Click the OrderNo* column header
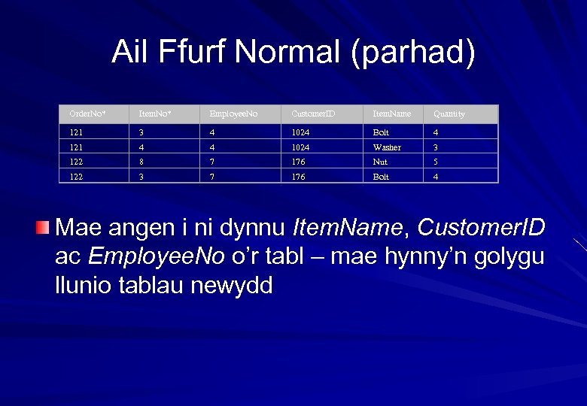point(87,114)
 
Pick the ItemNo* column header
point(154,114)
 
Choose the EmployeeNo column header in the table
point(233,114)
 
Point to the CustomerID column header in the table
point(313,114)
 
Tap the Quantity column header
point(449,114)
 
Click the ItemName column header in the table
point(392,114)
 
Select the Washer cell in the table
point(387,147)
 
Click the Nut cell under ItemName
point(380,162)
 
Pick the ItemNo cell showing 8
point(141,162)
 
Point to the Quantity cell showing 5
point(436,162)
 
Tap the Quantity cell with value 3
point(436,147)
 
